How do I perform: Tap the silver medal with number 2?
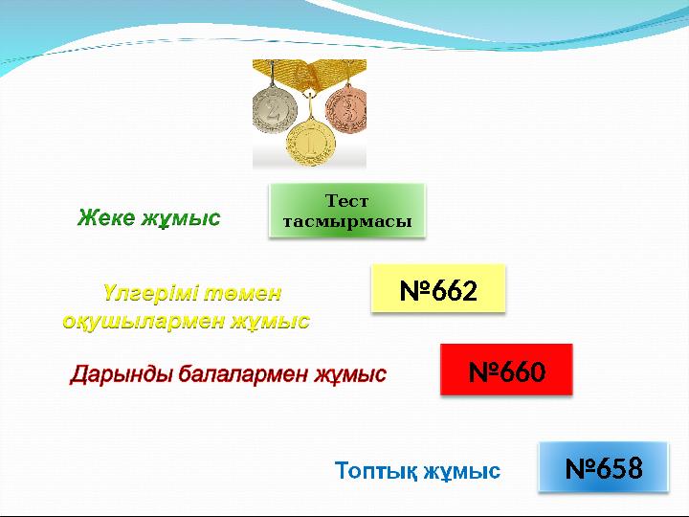[276, 109]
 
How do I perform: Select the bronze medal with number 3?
[346, 111]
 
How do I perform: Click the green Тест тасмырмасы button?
[347, 211]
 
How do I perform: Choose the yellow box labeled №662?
[437, 289]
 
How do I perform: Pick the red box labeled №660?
[506, 371]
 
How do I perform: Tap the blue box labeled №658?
[603, 468]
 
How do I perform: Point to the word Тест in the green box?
[347, 201]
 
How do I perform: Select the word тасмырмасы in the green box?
[347, 221]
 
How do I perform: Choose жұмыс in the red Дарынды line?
[351, 373]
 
